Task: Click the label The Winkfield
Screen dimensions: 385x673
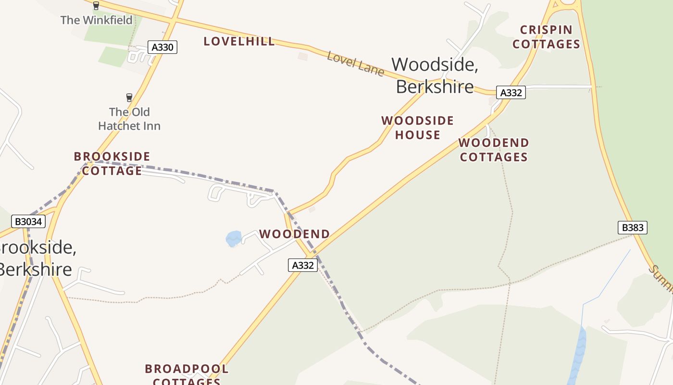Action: click(x=96, y=20)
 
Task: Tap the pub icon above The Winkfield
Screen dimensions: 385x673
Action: click(x=96, y=6)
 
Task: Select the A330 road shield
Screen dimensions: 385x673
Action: click(x=163, y=47)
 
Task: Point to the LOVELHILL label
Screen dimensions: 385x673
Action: click(x=239, y=41)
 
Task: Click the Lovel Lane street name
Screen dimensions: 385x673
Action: click(x=355, y=63)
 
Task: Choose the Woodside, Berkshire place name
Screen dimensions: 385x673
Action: click(x=435, y=75)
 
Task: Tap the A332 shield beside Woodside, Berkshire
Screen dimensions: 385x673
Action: click(x=511, y=92)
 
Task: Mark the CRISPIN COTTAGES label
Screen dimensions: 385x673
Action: click(x=546, y=37)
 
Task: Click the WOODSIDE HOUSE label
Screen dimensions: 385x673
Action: click(x=418, y=128)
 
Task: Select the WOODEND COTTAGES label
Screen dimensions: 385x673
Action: click(x=494, y=150)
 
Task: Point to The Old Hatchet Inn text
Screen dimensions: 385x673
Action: click(x=129, y=119)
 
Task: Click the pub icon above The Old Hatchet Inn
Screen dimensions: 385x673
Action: click(x=129, y=98)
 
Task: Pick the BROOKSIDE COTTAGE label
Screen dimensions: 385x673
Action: click(x=112, y=164)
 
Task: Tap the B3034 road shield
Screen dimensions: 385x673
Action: click(x=29, y=221)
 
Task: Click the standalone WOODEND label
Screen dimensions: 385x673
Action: click(x=294, y=234)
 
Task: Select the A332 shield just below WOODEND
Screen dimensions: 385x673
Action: click(x=303, y=265)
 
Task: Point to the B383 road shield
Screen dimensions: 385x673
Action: click(x=632, y=228)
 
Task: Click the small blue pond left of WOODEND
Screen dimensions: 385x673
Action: click(x=234, y=239)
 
